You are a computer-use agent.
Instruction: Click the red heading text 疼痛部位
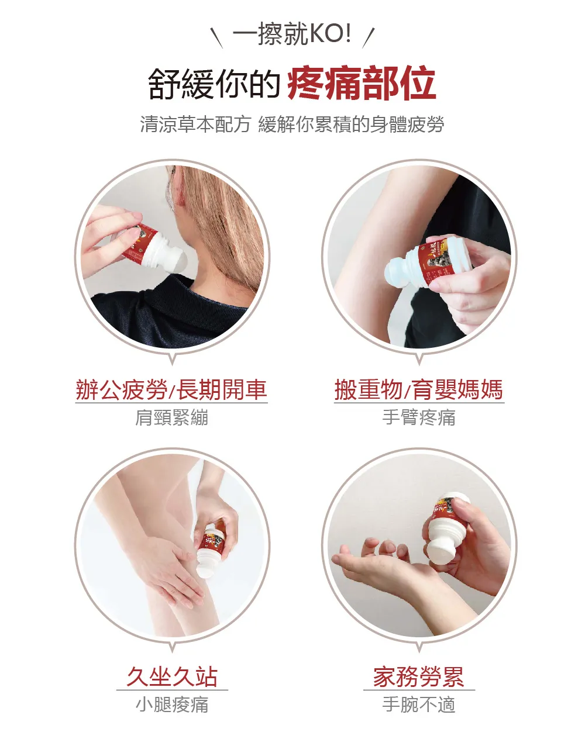click(362, 84)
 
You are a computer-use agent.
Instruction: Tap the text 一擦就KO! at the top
click(292, 34)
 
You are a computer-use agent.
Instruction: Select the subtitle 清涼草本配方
click(195, 125)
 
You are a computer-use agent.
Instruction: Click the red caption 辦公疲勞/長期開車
click(171, 389)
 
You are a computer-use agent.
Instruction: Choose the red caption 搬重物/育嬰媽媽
click(419, 389)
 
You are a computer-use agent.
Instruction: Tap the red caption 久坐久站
click(172, 676)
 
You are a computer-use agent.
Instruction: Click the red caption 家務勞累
click(419, 676)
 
